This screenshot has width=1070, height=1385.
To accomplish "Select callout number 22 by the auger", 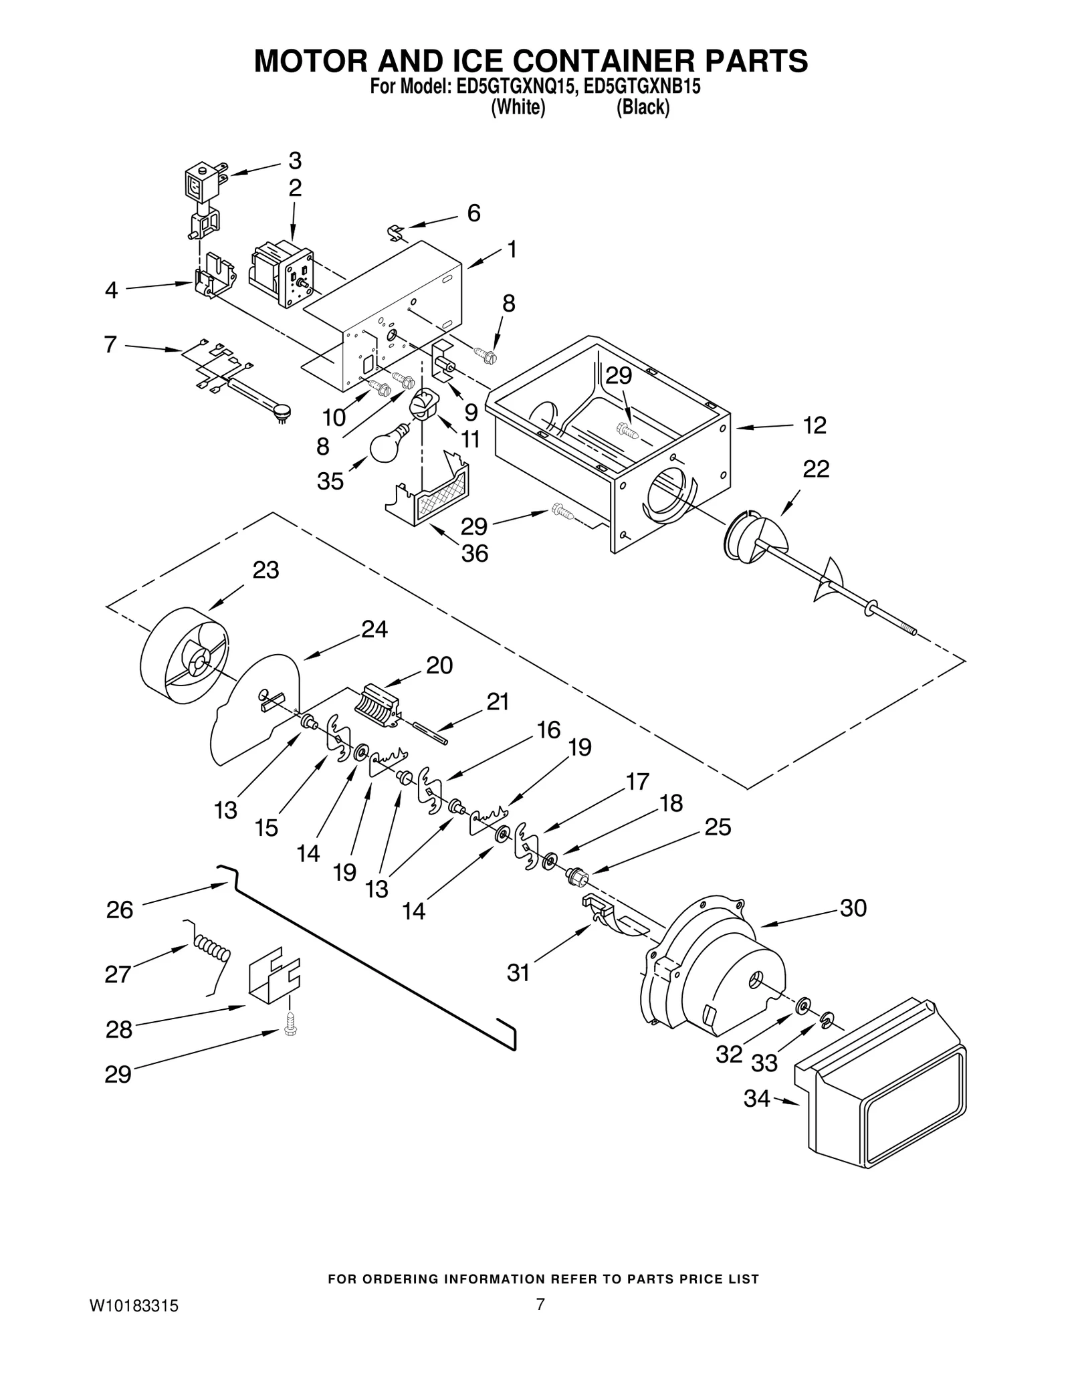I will pyautogui.click(x=815, y=469).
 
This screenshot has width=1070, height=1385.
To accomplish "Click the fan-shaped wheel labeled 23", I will pyautogui.click(x=184, y=656).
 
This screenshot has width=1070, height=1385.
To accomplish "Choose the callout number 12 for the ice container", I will pyautogui.click(x=815, y=425).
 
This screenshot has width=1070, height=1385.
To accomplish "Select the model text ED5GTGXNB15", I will pyautogui.click(x=642, y=87).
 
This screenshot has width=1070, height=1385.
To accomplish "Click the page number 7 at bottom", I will pyautogui.click(x=540, y=1323).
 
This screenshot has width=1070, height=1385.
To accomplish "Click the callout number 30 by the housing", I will pyautogui.click(x=853, y=908).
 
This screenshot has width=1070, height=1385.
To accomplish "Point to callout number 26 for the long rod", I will pyautogui.click(x=120, y=910).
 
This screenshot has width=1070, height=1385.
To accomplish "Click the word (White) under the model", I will pyautogui.click(x=518, y=108).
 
